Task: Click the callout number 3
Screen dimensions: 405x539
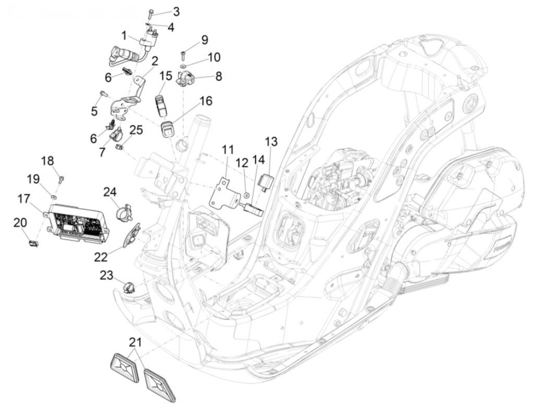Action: point(176,12)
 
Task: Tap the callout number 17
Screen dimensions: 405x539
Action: point(24,199)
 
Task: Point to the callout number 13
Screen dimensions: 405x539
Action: point(271,142)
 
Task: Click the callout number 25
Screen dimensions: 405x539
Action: point(136,130)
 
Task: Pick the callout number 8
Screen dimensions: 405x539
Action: point(218,76)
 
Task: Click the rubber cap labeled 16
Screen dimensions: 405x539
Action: point(167,129)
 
